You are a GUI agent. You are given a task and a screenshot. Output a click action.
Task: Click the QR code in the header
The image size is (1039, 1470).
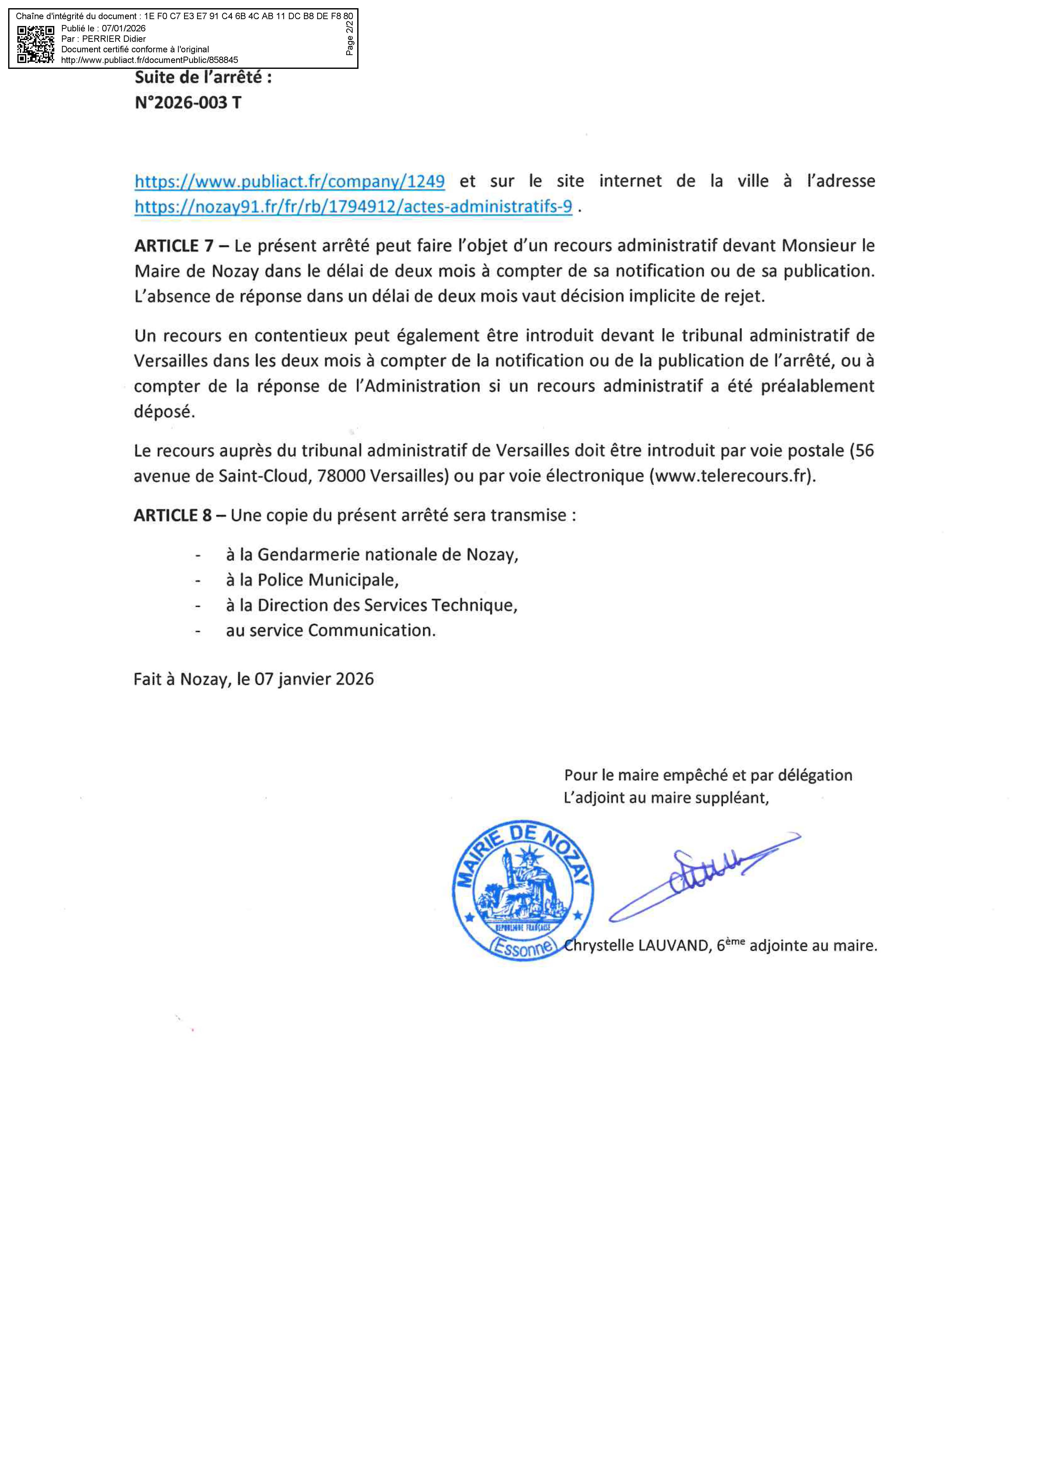(x=35, y=44)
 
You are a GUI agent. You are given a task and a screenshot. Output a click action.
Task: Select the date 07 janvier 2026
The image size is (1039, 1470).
(x=314, y=679)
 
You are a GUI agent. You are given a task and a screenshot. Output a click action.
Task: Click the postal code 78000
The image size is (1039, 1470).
(x=341, y=476)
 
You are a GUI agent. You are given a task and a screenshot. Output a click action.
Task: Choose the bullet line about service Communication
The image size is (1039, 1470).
(x=330, y=631)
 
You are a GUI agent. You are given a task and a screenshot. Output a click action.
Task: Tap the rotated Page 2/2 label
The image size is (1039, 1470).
(x=350, y=39)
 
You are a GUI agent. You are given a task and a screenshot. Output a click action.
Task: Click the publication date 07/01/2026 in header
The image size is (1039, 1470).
(x=124, y=28)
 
